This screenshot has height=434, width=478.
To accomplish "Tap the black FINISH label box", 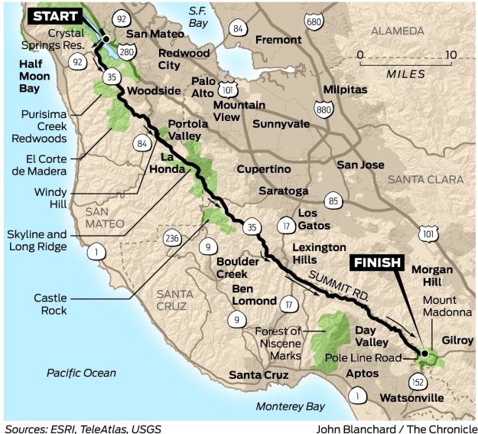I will tap(376, 263).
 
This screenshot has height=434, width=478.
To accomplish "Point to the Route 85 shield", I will tap(333, 201).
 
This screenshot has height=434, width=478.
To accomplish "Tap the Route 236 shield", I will tap(171, 239).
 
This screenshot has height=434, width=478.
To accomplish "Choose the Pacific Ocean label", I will tap(81, 373).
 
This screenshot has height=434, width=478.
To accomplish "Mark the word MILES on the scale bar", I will tap(405, 74).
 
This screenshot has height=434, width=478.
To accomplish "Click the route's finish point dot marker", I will tap(424, 353).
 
